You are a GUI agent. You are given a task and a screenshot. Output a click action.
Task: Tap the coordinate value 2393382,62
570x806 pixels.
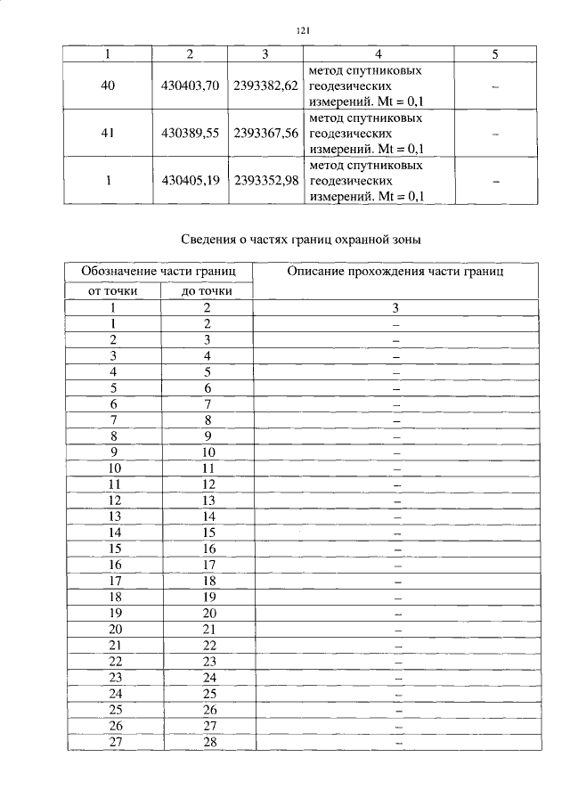(265, 86)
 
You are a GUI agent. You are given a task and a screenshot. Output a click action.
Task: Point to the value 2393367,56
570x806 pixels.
(265, 134)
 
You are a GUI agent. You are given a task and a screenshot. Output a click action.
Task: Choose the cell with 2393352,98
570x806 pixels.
(265, 181)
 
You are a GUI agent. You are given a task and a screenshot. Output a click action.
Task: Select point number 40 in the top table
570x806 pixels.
(108, 86)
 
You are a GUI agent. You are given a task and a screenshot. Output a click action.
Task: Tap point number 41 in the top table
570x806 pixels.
(108, 134)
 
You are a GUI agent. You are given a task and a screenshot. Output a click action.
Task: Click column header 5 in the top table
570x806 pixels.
(494, 54)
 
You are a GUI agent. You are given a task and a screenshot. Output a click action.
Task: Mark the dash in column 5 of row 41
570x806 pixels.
(494, 134)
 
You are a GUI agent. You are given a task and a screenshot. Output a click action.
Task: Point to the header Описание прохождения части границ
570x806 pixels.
(395, 272)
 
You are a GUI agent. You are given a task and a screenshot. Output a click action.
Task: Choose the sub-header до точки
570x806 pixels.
(207, 290)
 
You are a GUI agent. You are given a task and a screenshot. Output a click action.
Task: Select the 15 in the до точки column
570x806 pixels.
(207, 533)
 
